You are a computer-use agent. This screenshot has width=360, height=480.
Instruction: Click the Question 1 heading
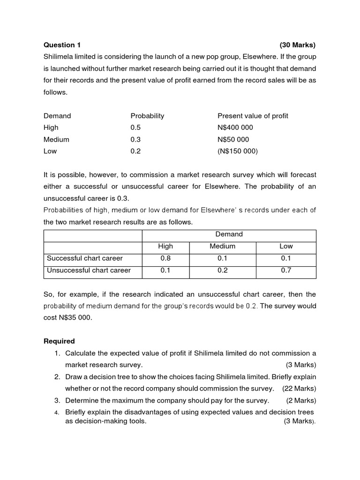[62, 45]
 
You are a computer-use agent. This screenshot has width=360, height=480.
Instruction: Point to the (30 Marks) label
[298, 45]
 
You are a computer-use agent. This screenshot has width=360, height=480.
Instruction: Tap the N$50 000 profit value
[233, 139]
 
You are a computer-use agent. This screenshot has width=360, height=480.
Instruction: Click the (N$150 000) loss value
[238, 151]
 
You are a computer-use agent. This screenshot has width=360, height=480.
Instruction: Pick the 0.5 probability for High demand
[135, 127]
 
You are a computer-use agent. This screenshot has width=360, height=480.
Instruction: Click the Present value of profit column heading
[253, 116]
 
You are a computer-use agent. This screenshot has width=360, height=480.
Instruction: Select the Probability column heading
[147, 116]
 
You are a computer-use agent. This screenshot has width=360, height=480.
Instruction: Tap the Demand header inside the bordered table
[229, 234]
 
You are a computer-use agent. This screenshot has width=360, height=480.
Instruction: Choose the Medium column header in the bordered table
[222, 246]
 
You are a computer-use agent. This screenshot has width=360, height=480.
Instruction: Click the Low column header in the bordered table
[286, 246]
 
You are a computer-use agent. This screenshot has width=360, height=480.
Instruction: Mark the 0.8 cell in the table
[165, 258]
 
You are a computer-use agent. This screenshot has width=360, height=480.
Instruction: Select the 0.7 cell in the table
[286, 270]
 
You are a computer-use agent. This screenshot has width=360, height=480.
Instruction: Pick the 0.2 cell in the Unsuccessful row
[222, 270]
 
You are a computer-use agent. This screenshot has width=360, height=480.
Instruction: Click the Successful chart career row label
[84, 258]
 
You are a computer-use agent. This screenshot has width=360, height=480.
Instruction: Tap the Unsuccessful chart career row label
[89, 270]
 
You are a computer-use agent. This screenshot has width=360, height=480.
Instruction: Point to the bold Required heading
[59, 341]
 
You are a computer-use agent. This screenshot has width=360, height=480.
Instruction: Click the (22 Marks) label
[299, 388]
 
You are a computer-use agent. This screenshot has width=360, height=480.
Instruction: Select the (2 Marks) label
[301, 400]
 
